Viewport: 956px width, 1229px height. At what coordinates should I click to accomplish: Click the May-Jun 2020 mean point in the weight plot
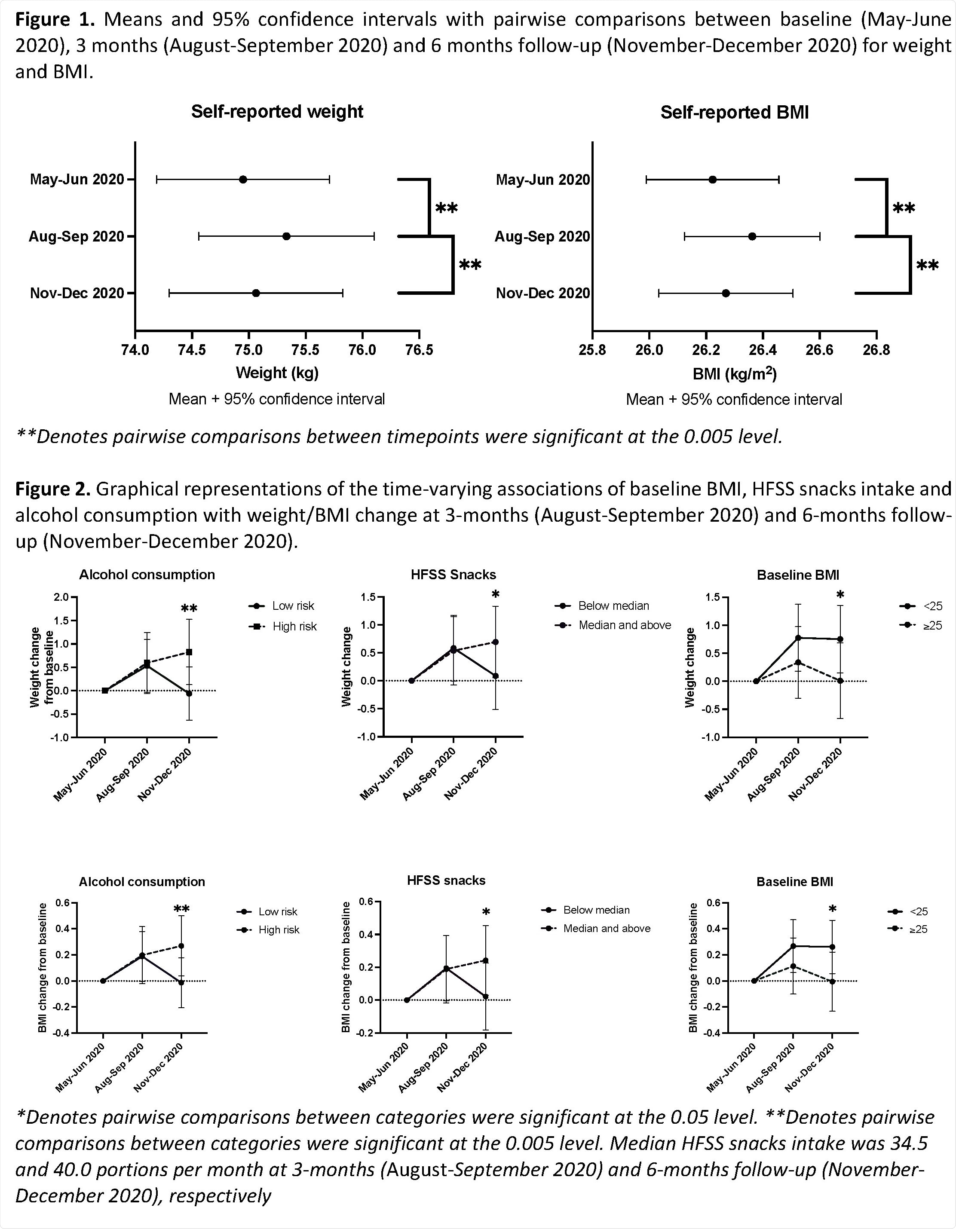click(243, 180)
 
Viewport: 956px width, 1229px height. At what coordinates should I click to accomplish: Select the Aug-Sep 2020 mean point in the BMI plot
click(752, 236)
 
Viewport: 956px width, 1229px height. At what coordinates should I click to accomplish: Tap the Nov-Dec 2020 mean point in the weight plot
click(256, 293)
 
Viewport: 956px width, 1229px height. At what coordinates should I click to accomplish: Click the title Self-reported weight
click(277, 111)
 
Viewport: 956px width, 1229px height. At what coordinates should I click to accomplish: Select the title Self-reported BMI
click(734, 113)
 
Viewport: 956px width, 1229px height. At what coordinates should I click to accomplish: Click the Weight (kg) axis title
click(277, 373)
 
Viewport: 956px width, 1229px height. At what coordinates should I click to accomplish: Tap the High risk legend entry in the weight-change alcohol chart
click(294, 627)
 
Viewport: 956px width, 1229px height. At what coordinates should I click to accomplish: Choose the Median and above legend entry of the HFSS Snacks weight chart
click(625, 625)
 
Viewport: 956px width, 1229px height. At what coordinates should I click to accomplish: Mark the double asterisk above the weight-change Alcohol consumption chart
click(189, 609)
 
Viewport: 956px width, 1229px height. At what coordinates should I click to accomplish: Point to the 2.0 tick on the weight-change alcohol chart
click(61, 597)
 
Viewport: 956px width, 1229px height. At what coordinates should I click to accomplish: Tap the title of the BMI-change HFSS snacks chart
click(446, 880)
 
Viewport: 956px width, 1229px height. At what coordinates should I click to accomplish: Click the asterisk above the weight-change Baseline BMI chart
click(840, 595)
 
